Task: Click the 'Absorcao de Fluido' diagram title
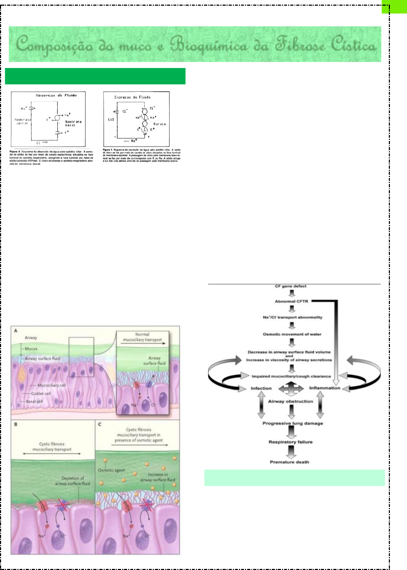[56, 95]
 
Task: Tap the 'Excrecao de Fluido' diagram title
[132, 97]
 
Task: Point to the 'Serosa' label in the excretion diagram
[159, 124]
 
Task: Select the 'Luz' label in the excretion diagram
[111, 119]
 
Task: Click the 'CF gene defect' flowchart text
[290, 286]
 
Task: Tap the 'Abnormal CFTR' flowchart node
[291, 302]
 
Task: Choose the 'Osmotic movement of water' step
[292, 334]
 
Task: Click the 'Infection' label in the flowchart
[261, 388]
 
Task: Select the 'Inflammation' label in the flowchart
[324, 388]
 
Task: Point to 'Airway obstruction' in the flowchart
[290, 402]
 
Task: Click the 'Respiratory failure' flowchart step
[291, 442]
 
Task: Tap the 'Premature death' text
[289, 462]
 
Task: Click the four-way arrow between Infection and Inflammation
[291, 388]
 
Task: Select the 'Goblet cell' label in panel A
[41, 394]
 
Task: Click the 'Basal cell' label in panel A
[34, 402]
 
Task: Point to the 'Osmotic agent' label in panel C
[111, 470]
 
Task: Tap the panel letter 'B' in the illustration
[16, 424]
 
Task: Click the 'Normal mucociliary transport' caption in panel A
[142, 337]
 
